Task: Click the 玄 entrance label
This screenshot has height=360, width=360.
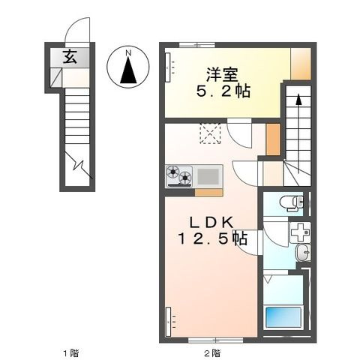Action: (x=70, y=57)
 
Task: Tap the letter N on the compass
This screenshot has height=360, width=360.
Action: (x=128, y=53)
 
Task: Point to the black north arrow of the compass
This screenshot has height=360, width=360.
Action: (x=128, y=70)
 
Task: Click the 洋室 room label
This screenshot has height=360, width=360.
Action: (x=222, y=74)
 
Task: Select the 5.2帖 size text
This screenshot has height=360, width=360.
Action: (x=223, y=91)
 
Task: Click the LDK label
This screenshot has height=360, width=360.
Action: (x=211, y=222)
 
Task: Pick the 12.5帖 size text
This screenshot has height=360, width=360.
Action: (x=213, y=238)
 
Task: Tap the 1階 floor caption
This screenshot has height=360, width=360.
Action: (x=71, y=353)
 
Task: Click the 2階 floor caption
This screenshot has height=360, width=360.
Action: (x=212, y=353)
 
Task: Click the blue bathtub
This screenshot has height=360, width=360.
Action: (x=283, y=317)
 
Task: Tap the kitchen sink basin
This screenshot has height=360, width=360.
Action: (x=208, y=176)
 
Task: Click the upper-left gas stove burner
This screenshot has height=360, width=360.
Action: (x=173, y=172)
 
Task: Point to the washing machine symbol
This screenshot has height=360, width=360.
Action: (x=300, y=232)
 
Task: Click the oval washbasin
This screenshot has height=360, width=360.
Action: (x=303, y=253)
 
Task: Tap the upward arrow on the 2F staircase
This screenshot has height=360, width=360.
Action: (x=298, y=133)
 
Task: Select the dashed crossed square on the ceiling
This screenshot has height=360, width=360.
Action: (x=210, y=133)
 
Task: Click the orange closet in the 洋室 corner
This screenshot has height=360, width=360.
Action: (x=301, y=64)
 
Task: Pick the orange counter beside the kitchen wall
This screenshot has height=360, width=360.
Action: (x=208, y=193)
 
